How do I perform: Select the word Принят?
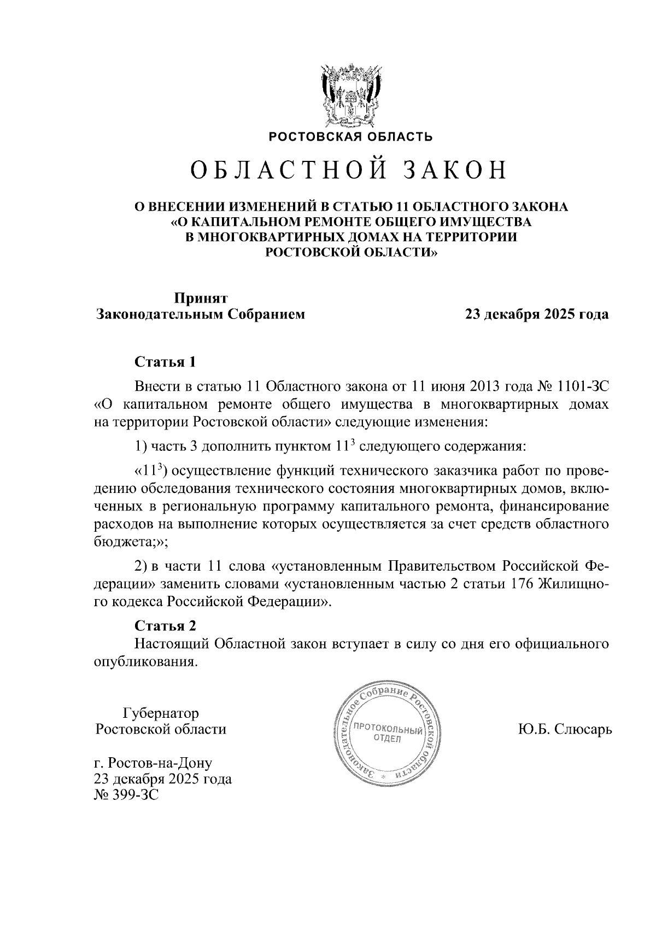click(201, 298)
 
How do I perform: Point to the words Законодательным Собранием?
click(201, 315)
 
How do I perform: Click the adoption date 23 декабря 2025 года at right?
click(536, 315)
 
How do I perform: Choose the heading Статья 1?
click(165, 362)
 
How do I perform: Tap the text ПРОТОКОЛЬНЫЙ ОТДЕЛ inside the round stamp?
click(387, 734)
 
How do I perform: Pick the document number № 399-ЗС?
click(126, 795)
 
